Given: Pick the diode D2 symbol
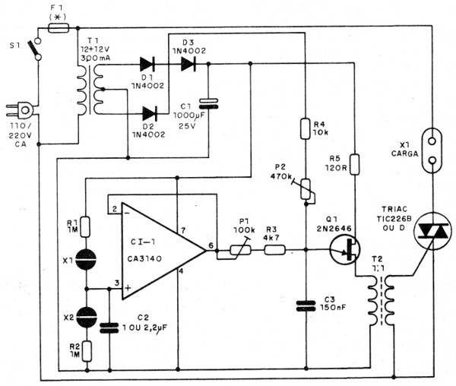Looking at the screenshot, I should [149, 113].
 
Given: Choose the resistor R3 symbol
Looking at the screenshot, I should [274, 248].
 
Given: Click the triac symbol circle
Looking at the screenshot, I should [428, 235].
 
